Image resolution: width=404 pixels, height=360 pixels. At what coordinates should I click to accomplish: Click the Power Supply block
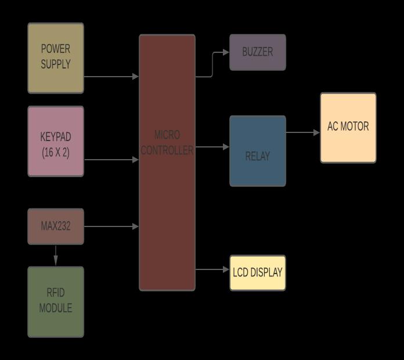point(56,58)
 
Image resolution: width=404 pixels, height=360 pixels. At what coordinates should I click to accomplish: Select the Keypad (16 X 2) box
point(56,141)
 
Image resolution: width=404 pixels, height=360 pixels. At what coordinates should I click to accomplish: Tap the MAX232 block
point(56,226)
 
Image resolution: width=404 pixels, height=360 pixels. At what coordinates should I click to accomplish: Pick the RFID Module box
point(56,302)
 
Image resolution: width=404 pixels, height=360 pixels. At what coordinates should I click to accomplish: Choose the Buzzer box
point(257,52)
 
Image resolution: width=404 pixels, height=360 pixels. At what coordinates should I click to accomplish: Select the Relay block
point(257,152)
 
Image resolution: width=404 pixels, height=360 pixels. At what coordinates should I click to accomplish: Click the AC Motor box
point(348,128)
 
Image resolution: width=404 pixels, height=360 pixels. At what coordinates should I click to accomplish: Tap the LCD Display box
point(257,272)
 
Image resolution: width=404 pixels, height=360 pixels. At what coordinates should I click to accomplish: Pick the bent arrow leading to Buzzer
point(212,64)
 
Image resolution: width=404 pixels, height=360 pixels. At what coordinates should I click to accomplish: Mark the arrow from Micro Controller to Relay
point(212,147)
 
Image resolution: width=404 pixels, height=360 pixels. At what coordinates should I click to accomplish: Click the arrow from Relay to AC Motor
point(303,132)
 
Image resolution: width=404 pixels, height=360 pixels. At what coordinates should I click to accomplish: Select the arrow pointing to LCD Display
point(212,269)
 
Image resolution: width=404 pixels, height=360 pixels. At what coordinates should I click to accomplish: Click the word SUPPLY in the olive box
point(56,64)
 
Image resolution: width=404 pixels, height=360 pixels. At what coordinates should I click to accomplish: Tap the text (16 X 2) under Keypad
point(56,153)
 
